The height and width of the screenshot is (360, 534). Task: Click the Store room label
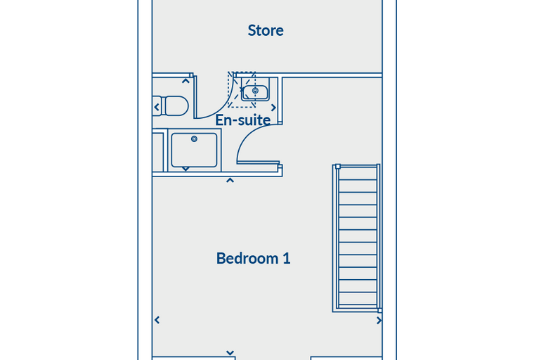(x=266, y=30)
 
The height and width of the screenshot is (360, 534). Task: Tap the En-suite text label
(x=243, y=120)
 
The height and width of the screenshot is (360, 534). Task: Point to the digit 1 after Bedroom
(x=287, y=259)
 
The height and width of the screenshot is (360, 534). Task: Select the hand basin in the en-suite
(x=255, y=89)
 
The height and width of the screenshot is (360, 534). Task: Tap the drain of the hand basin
(x=255, y=91)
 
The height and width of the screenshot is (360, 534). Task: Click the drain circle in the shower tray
(x=194, y=139)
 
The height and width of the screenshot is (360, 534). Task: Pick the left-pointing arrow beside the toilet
(x=157, y=108)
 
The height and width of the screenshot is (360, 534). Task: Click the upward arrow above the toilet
(x=185, y=81)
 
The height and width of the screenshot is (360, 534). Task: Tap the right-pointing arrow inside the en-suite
(x=273, y=108)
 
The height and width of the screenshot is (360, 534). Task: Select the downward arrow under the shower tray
(x=185, y=169)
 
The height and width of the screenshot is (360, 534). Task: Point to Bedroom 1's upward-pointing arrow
(x=230, y=180)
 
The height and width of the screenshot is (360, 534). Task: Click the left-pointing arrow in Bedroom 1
(x=157, y=320)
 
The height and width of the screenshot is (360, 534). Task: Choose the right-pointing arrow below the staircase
(x=379, y=321)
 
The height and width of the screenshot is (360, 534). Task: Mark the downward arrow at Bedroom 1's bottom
(x=230, y=353)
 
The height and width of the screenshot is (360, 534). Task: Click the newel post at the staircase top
(x=338, y=167)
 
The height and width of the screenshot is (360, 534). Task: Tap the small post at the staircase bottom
(x=380, y=311)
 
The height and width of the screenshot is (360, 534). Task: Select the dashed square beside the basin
(x=242, y=90)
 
